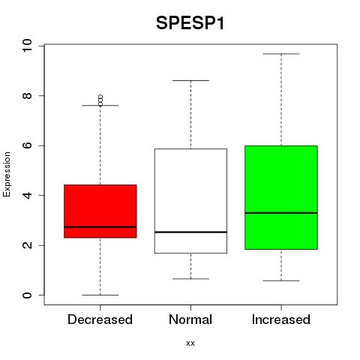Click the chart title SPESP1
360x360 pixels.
pos(190,23)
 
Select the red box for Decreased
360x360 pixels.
pos(100,211)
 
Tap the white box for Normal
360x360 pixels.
pos(190,201)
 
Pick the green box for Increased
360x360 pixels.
pos(281,197)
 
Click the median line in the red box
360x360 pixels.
pos(100,227)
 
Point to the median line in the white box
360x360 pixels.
pos(190,232)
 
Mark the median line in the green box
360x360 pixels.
pos(281,213)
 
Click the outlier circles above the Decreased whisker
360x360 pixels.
pos(100,100)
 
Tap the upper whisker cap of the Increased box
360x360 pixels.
pos(281,54)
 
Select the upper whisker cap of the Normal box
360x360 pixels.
pos(190,80)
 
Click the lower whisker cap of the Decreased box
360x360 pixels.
pos(100,295)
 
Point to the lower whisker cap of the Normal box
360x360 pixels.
pos(190,279)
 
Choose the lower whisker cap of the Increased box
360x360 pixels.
pos(281,280)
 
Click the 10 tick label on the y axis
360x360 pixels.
pos(27,46)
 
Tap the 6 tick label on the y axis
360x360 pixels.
pos(27,145)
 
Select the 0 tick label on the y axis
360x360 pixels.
pos(27,295)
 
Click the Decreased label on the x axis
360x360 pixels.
pos(100,319)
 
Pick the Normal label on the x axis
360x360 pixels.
pos(190,319)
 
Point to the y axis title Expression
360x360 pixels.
pos(7,174)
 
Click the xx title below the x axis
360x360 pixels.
pos(190,343)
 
